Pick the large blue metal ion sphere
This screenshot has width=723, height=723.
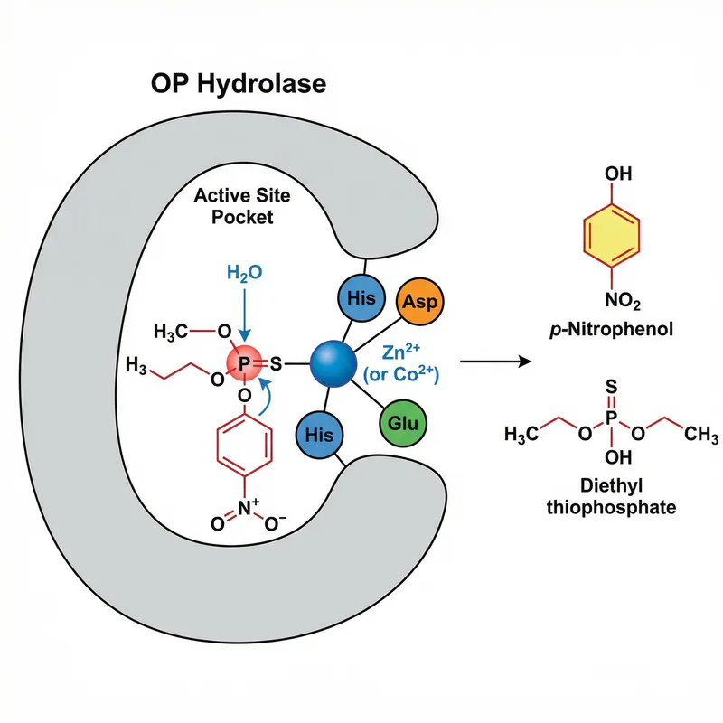(x=335, y=364)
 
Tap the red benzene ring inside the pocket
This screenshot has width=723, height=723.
(x=245, y=444)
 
